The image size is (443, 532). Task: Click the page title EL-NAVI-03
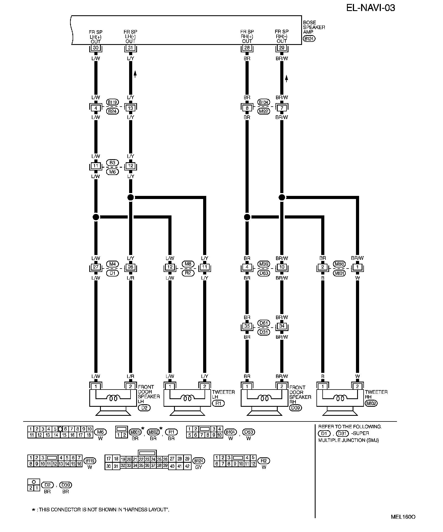pyautogui.click(x=370, y=8)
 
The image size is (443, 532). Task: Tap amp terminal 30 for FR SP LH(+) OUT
pyautogui.click(x=96, y=48)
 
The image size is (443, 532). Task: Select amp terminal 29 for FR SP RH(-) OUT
pyautogui.click(x=282, y=48)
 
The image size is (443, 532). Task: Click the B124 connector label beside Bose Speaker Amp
pyautogui.click(x=309, y=39)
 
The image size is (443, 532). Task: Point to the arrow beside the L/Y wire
pyautogui.click(x=135, y=74)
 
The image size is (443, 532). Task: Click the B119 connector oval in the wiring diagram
pyautogui.click(x=112, y=102)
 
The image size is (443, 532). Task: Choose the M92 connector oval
pyautogui.click(x=264, y=111)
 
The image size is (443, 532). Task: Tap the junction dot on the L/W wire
pyautogui.click(x=96, y=217)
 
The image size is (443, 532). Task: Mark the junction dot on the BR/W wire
pyautogui.click(x=282, y=197)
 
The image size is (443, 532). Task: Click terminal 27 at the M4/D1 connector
pyautogui.click(x=96, y=267)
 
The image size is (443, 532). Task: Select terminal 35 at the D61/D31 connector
pyautogui.click(x=247, y=326)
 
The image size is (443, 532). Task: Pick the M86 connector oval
pyautogui.click(x=339, y=264)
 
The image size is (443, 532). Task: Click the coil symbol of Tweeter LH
pyautogui.click(x=187, y=398)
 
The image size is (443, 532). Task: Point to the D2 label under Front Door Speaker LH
pyautogui.click(x=144, y=408)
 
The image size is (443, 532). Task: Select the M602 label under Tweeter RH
pyautogui.click(x=371, y=403)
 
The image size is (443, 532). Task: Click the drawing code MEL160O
pyautogui.click(x=403, y=517)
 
